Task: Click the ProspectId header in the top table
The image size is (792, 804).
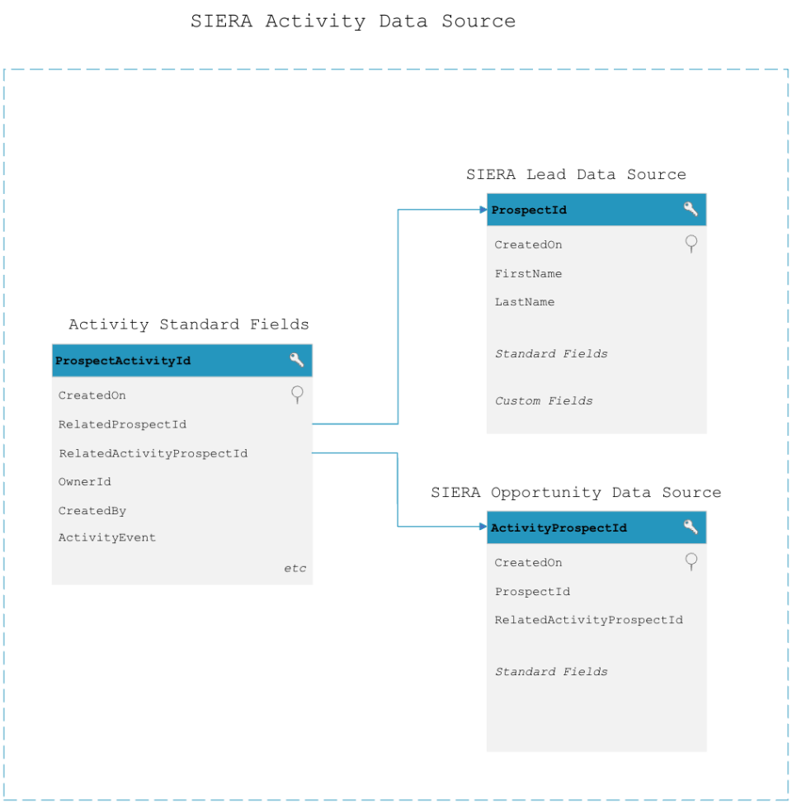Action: (529, 210)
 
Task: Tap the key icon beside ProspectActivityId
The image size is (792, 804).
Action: (296, 360)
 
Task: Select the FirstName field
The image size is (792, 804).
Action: (528, 273)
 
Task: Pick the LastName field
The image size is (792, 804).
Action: (525, 302)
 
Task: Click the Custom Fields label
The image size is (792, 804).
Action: (544, 400)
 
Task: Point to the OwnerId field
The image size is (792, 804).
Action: (84, 481)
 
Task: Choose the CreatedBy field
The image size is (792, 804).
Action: (92, 511)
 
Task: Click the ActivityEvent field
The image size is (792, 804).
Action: (106, 537)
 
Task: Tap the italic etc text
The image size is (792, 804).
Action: (295, 568)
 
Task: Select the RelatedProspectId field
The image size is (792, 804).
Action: (122, 424)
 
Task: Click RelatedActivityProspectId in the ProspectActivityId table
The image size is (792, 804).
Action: (153, 453)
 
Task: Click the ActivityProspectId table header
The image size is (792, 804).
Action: (559, 527)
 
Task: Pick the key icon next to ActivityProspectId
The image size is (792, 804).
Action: (691, 527)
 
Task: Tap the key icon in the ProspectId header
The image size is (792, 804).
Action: (691, 209)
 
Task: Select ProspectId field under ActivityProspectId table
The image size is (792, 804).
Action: (532, 591)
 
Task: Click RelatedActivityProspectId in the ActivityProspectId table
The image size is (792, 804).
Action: (588, 620)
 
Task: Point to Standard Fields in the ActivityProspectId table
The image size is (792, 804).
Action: (551, 671)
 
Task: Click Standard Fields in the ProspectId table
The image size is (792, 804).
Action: (551, 353)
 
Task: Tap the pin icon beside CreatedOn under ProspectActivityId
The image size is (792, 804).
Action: (297, 395)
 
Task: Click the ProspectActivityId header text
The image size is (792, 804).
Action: (122, 361)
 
